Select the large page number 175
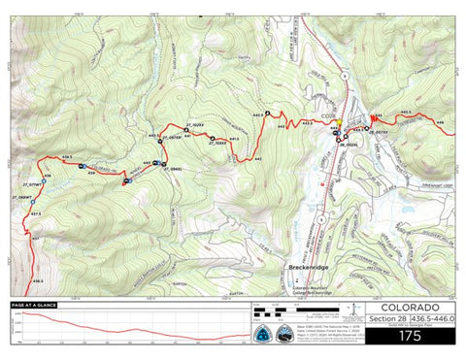410,335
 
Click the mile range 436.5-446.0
432,316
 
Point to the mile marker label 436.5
39,281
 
